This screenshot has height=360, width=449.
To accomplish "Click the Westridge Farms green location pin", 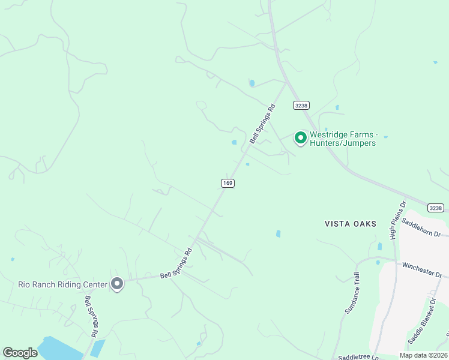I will pos(300,137).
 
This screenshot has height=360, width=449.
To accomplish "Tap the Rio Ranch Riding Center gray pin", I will pos(117,283).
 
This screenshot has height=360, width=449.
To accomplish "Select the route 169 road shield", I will pos(227,183).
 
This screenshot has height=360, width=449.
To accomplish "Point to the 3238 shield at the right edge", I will pos(436,208).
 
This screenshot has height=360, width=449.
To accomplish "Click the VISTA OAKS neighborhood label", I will pos(350,224).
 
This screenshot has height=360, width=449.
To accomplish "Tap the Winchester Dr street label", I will pos(421,269).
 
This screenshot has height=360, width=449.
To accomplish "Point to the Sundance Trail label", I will pos(352,293).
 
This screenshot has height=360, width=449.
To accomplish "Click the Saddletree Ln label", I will pos(358,357).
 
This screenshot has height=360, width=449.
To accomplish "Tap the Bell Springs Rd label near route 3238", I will pos(262,124).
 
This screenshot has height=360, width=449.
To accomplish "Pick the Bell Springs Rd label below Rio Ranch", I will pos(91,316).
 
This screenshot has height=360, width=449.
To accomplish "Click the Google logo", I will pos(20,353).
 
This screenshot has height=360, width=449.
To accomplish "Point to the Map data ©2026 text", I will pos(423,355).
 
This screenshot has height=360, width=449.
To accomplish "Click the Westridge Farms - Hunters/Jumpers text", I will pos(342,139).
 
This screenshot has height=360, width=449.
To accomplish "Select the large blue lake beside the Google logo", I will pos(60,350).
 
